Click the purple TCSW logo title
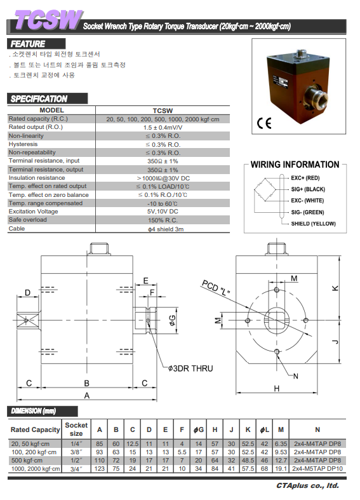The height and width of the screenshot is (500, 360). [48, 20]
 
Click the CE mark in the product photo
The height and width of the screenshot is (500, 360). [264, 123]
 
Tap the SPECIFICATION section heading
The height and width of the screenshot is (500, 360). [39, 99]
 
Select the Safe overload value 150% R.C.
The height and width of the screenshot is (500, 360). [163, 220]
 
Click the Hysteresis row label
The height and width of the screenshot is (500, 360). [23, 144]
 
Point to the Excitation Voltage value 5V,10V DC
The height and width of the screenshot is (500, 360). [163, 212]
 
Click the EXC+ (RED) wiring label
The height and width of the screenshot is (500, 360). [305, 178]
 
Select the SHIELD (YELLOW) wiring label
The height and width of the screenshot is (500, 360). [313, 224]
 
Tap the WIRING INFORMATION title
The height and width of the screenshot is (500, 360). [295, 165]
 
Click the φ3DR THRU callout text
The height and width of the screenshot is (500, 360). [190, 368]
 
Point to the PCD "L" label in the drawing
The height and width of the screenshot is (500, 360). [216, 288]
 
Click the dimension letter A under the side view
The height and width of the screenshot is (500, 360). [86, 396]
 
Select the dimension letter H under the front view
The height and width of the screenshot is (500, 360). [277, 388]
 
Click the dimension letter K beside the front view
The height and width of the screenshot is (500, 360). [335, 288]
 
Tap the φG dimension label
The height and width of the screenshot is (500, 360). [172, 320]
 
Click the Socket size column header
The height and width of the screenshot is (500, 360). [76, 429]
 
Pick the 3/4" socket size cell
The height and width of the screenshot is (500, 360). [76, 469]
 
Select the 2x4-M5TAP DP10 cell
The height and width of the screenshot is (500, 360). [317, 469]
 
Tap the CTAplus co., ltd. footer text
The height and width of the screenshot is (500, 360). [307, 485]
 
